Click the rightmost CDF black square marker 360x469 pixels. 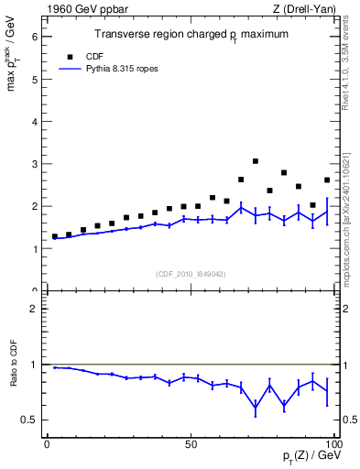tap(327, 180)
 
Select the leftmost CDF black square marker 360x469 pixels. tap(55, 236)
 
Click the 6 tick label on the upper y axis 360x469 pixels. tap(36, 37)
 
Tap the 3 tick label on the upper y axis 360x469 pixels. tap(36, 164)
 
